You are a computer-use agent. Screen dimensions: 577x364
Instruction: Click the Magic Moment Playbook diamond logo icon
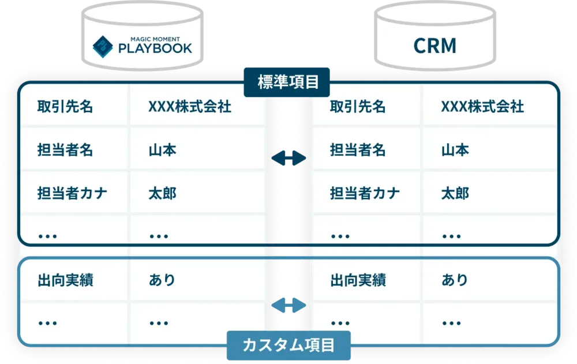click(x=103, y=46)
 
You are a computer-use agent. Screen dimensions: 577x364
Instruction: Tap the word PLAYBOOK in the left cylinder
click(x=155, y=48)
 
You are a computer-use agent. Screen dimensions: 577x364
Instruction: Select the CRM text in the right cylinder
click(x=435, y=46)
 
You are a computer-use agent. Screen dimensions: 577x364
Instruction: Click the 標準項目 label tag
click(x=287, y=82)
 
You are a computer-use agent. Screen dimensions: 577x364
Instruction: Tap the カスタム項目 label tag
click(x=288, y=345)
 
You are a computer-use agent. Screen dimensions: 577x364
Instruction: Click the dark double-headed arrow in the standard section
click(x=288, y=158)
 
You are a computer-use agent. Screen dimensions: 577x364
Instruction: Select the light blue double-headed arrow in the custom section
click(x=288, y=305)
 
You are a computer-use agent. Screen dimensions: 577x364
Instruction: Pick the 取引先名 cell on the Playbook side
click(x=65, y=107)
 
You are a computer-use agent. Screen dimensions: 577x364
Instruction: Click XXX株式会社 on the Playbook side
click(x=190, y=107)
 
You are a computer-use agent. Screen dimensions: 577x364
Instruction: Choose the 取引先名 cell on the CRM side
click(x=358, y=107)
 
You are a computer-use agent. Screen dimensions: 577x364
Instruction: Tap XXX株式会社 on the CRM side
click(x=482, y=107)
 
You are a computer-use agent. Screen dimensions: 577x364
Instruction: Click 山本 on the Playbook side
click(x=162, y=150)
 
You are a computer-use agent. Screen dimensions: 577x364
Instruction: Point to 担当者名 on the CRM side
click(x=358, y=150)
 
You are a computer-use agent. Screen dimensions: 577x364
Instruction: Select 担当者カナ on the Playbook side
click(x=72, y=193)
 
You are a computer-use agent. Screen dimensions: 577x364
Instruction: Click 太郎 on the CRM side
click(x=455, y=193)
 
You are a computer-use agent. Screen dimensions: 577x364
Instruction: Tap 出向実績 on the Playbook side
click(x=65, y=280)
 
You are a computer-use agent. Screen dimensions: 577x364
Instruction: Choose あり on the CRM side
click(x=455, y=280)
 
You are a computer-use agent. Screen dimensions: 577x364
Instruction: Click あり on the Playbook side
click(x=162, y=280)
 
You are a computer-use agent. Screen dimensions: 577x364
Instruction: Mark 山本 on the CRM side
click(x=455, y=150)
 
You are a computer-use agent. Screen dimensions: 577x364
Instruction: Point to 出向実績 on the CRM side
click(x=358, y=280)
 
